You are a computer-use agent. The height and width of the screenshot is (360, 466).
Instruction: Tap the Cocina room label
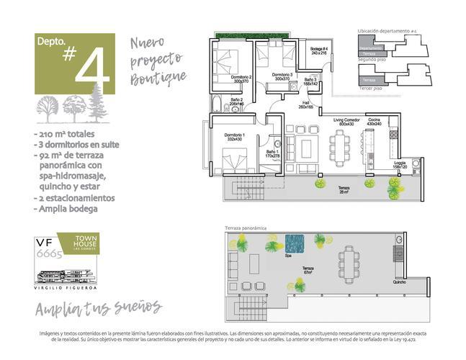tap(374, 122)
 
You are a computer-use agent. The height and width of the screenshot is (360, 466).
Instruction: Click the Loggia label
tap(399, 165)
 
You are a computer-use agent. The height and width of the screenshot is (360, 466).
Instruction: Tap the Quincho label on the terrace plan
tap(399, 282)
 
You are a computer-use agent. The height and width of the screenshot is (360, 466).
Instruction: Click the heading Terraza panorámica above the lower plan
tap(246, 228)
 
